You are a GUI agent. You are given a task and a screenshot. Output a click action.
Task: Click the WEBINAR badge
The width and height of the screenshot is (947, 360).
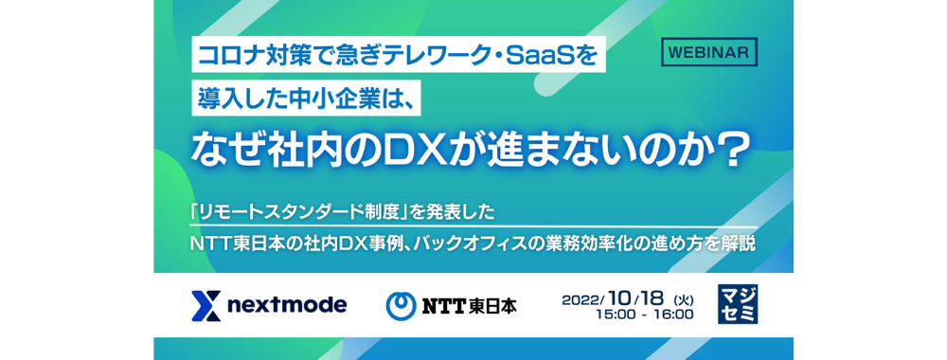[709, 52]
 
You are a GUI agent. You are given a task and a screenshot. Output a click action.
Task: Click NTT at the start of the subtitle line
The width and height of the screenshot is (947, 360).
[212, 244]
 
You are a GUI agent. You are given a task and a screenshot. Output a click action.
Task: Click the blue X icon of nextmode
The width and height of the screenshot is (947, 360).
[205, 306]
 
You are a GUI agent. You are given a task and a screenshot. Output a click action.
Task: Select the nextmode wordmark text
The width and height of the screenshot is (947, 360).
[288, 306]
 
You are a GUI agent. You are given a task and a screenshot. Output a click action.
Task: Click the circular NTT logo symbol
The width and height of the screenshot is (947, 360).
[401, 306]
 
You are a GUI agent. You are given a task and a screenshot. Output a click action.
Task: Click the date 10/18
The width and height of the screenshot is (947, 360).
[636, 298]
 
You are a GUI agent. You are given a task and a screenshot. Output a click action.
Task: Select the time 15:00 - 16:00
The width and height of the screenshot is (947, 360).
[644, 315]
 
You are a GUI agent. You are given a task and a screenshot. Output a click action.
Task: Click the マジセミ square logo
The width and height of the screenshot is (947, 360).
[738, 304]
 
